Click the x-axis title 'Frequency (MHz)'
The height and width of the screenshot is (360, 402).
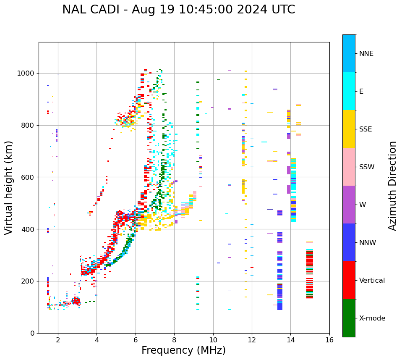pyautogui.click(x=183, y=350)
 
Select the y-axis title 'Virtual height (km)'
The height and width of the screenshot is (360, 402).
pyautogui.click(x=9, y=187)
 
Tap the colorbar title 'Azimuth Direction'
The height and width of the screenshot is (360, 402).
pyautogui.click(x=392, y=186)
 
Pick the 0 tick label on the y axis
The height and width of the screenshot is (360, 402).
pyautogui.click(x=32, y=333)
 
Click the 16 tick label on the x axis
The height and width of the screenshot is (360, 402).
pyautogui.click(x=329, y=340)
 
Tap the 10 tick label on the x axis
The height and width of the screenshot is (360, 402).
pyautogui.click(x=213, y=340)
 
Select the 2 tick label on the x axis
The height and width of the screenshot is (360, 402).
pyautogui.click(x=58, y=340)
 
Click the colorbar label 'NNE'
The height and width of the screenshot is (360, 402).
pyautogui.click(x=366, y=54)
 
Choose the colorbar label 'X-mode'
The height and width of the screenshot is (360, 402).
pyautogui.click(x=372, y=318)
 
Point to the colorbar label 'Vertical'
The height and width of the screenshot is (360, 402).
pyautogui.click(x=372, y=281)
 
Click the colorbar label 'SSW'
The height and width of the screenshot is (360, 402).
pyautogui.click(x=367, y=167)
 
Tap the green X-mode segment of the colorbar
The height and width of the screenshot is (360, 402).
pyautogui.click(x=349, y=318)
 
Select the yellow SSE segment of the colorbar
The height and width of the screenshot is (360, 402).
pyautogui.click(x=349, y=129)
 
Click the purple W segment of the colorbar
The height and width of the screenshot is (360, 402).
pyautogui.click(x=349, y=205)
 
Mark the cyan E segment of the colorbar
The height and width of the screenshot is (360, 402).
pyautogui.click(x=349, y=91)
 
